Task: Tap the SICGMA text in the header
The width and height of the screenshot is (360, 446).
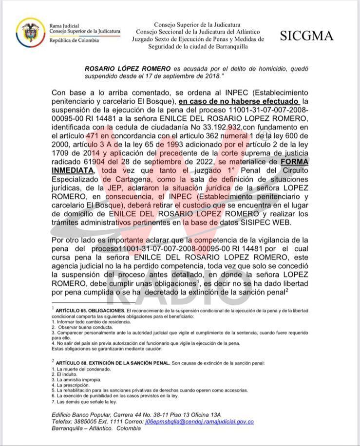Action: tap(306, 36)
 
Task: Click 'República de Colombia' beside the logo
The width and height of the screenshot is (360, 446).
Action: tap(74, 40)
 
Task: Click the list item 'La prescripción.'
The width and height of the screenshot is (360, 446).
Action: tap(74, 385)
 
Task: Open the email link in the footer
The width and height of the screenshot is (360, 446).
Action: tap(199, 422)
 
